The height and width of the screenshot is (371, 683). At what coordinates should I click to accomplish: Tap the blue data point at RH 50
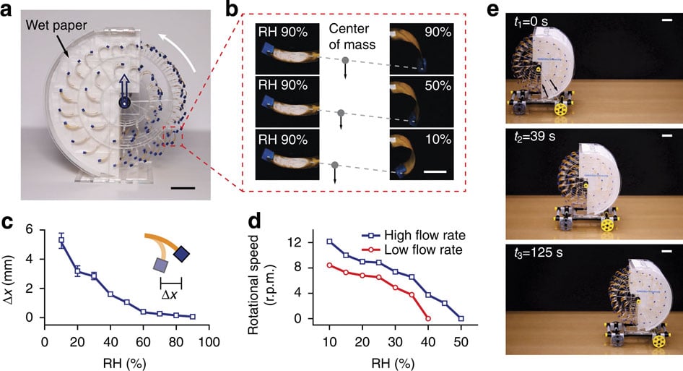click(x=461, y=318)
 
